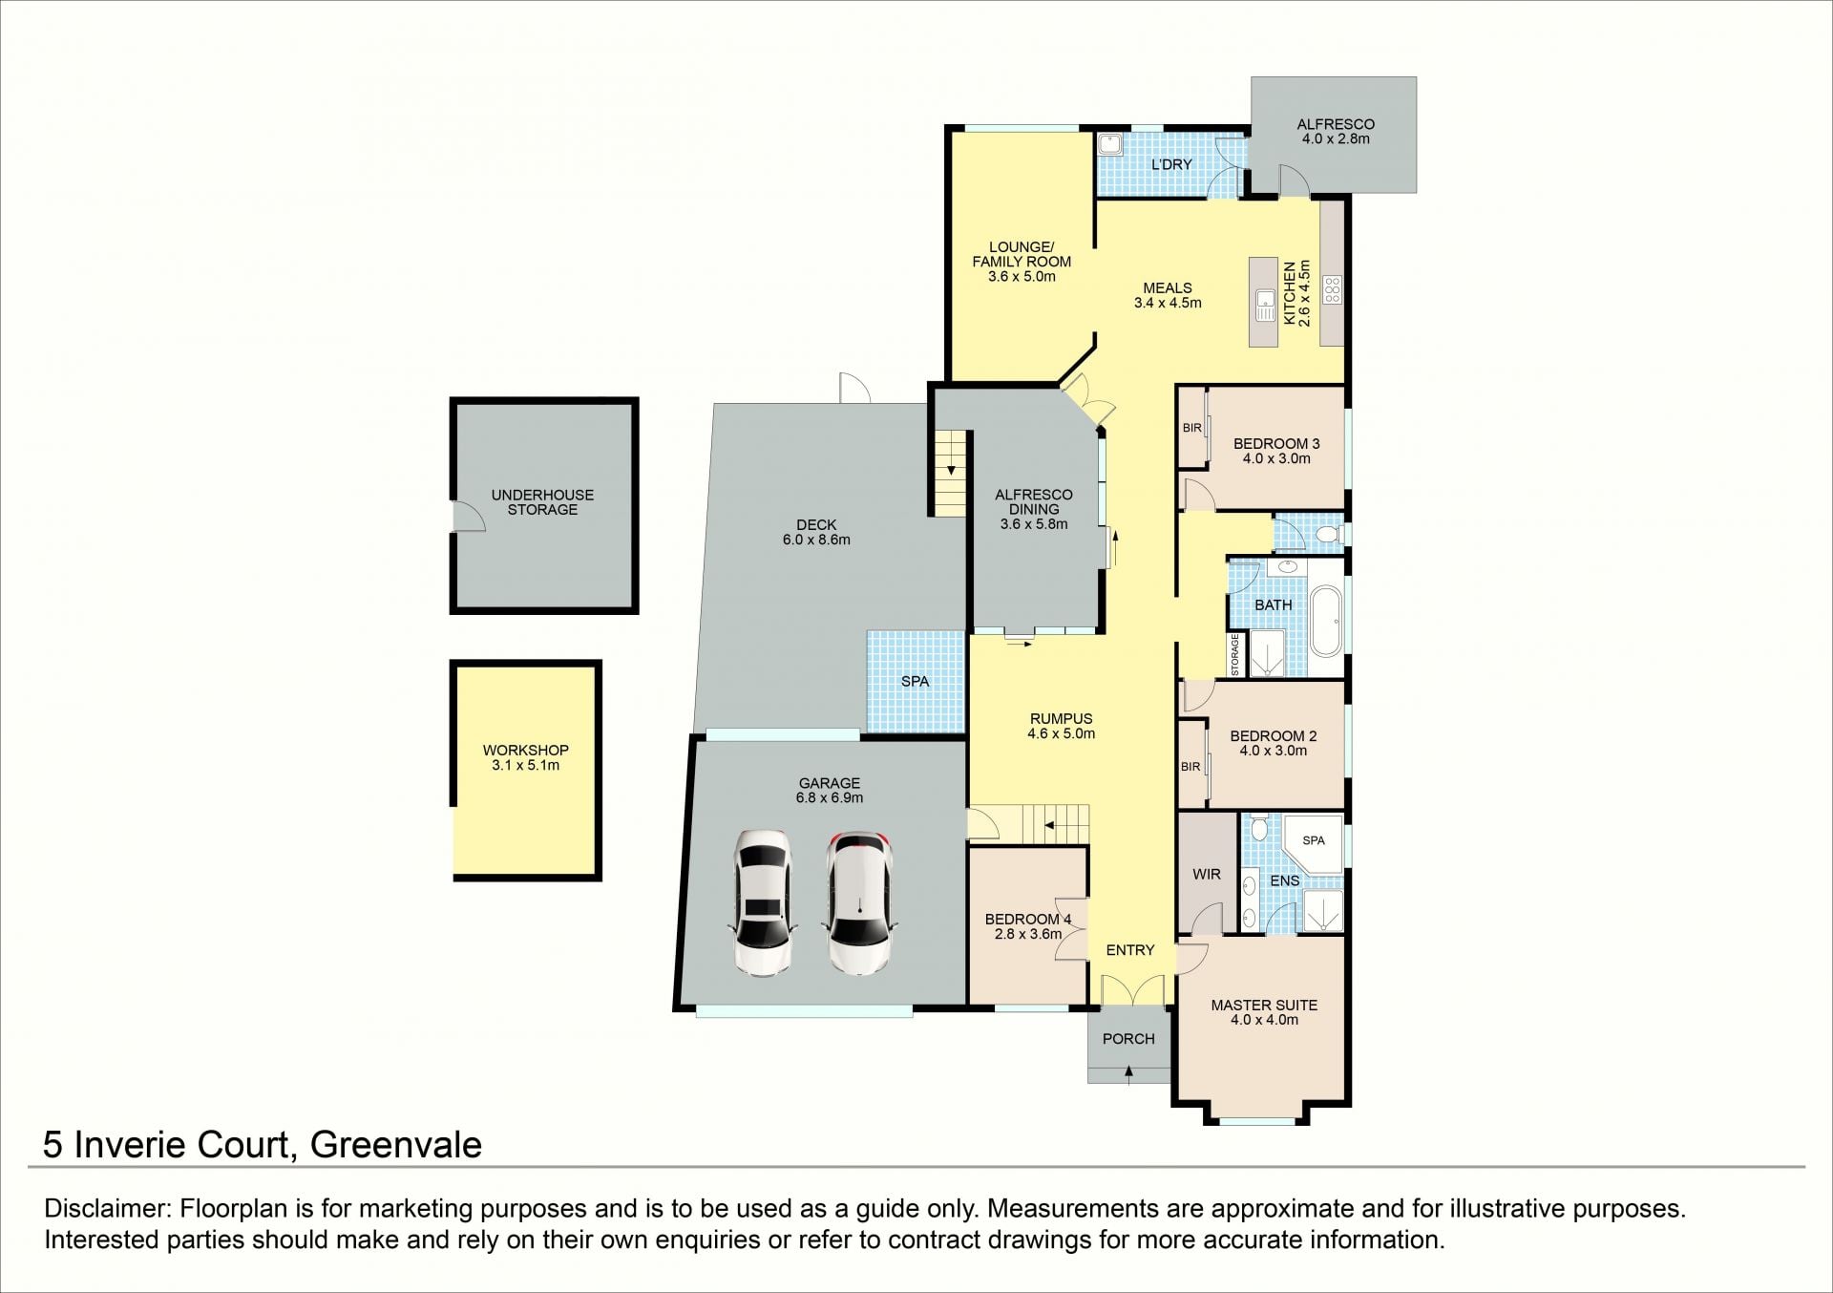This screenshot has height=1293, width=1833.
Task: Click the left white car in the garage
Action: point(764,903)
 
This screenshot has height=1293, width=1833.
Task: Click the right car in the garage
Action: point(859,903)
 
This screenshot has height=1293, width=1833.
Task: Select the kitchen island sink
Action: point(1266,305)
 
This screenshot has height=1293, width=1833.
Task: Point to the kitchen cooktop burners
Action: point(1332,289)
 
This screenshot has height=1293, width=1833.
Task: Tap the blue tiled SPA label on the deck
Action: point(915,681)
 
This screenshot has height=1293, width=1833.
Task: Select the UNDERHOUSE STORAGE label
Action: point(542,502)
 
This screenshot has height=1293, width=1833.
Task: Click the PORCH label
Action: point(1128,1039)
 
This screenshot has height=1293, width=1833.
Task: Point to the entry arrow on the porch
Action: point(1129,1073)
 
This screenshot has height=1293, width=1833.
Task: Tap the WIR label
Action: point(1207,874)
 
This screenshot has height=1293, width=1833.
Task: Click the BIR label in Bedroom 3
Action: point(1191,428)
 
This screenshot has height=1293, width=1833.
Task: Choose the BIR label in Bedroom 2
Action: point(1190,767)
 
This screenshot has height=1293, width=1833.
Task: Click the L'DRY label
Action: point(1171,164)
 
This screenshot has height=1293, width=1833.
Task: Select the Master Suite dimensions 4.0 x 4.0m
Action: point(1264,1020)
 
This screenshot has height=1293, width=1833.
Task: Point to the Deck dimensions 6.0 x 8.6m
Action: point(815,540)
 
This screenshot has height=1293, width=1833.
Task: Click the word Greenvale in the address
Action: point(396,1144)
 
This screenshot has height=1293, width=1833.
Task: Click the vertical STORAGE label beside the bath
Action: point(1234,655)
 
